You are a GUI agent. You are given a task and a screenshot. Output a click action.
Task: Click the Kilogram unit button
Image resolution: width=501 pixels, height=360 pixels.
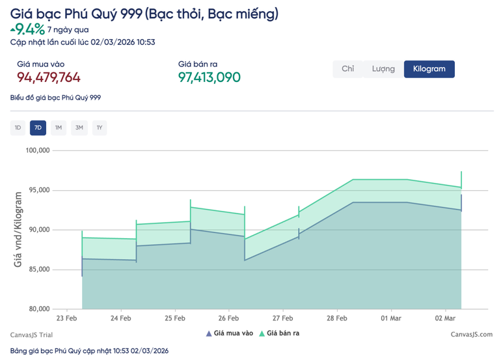pyautogui.click(x=429, y=69)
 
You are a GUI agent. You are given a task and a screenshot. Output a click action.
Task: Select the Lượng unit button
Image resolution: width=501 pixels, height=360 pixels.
pyautogui.click(x=383, y=69)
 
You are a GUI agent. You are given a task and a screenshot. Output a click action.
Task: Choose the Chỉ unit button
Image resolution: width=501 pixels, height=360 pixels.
pyautogui.click(x=348, y=69)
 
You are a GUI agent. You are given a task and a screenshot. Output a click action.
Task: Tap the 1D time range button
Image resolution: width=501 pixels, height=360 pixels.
pyautogui.click(x=18, y=128)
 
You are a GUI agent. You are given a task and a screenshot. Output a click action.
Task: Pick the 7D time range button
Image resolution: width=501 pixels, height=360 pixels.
pyautogui.click(x=38, y=128)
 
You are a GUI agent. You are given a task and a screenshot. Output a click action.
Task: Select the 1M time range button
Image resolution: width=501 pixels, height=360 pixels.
pyautogui.click(x=59, y=128)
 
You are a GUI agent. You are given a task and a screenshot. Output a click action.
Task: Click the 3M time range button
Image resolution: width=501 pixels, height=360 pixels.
pyautogui.click(x=79, y=128)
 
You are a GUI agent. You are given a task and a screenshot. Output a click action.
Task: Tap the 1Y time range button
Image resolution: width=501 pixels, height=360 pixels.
pyautogui.click(x=100, y=128)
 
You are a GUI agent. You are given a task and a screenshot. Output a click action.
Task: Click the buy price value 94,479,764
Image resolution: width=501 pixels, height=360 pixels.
pyautogui.click(x=49, y=78)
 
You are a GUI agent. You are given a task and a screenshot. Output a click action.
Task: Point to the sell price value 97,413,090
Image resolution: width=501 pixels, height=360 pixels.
pyautogui.click(x=210, y=78)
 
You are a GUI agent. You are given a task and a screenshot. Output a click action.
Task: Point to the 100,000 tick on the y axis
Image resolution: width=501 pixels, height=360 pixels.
pyautogui.click(x=36, y=150)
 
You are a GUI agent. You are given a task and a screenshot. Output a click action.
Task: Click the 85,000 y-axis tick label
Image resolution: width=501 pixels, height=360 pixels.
pyautogui.click(x=38, y=270)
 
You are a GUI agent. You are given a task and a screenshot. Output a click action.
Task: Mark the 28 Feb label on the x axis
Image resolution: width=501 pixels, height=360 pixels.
pyautogui.click(x=336, y=318)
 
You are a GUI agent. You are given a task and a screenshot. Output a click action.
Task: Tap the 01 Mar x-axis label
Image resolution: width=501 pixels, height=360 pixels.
pyautogui.click(x=390, y=318)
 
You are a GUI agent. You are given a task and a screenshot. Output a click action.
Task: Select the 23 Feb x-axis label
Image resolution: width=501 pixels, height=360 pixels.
pyautogui.click(x=67, y=318)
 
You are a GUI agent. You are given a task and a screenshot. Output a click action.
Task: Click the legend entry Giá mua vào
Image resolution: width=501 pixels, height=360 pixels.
pyautogui.click(x=230, y=333)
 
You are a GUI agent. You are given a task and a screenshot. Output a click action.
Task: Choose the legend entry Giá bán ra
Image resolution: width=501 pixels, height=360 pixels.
pyautogui.click(x=280, y=333)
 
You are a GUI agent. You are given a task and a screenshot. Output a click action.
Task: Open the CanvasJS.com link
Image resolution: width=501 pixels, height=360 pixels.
pyautogui.click(x=471, y=335)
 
